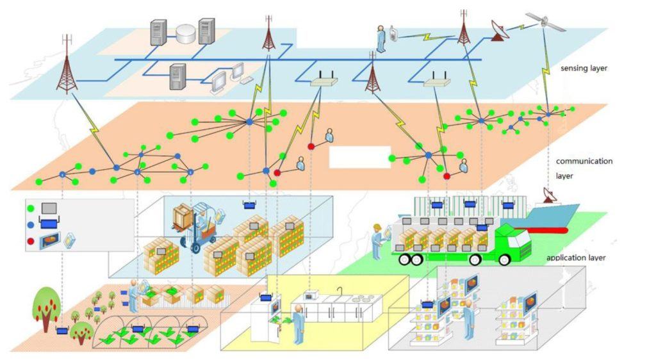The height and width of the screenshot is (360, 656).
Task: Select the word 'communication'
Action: coord(584,161)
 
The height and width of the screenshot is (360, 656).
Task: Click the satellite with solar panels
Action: coord(545,21)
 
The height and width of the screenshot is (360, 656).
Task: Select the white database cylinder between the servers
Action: coord(185,33)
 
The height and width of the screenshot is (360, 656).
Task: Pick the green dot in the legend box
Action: coord(30,208)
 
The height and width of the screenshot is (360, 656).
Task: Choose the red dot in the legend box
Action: coord(30,242)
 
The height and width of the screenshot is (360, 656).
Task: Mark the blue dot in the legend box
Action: coord(30,225)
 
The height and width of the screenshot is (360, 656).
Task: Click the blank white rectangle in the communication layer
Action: coord(359,157)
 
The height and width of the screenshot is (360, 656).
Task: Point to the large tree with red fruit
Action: coord(46,307)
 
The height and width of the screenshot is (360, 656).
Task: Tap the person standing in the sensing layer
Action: coord(381,38)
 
